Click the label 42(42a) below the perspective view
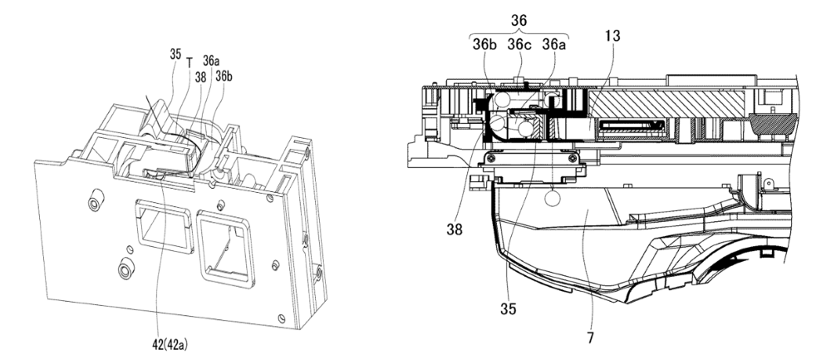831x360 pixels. [170, 345]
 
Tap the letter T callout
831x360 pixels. [189, 62]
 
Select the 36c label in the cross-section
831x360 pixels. [519, 45]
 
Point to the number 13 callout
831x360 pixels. [611, 36]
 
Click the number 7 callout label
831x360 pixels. [590, 338]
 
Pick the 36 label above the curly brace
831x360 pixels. [519, 20]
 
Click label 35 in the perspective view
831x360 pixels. [176, 54]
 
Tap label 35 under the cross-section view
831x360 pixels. [508, 309]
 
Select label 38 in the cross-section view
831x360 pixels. [455, 229]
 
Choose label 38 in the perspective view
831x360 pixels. [200, 77]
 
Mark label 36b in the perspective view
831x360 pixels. [224, 76]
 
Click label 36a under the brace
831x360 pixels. [553, 45]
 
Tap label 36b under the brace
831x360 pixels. [485, 45]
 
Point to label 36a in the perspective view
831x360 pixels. [211, 61]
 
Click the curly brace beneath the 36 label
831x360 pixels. [519, 33]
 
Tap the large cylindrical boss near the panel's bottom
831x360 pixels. [125, 269]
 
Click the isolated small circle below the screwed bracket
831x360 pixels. [553, 199]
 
